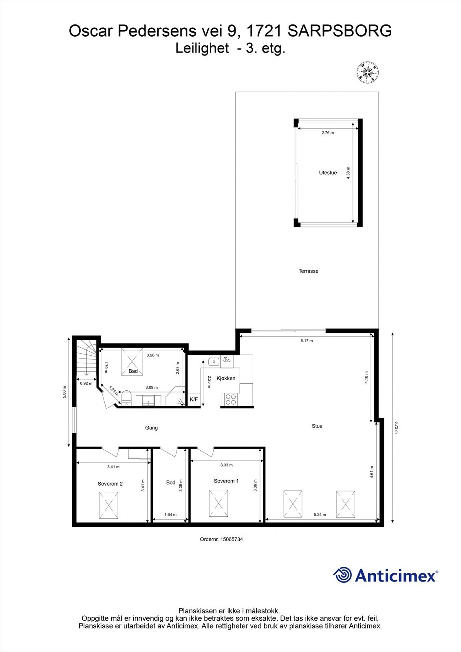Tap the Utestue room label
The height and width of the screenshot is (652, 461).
click(x=328, y=173)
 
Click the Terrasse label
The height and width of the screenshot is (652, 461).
click(x=308, y=271)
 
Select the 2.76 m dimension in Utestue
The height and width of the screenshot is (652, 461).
click(x=327, y=133)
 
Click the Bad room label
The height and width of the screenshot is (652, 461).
click(x=133, y=371)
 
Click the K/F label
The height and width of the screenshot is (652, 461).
click(x=194, y=400)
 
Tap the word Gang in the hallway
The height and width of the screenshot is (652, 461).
click(x=151, y=428)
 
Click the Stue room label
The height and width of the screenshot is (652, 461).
click(x=317, y=426)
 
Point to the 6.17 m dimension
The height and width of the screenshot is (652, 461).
click(x=307, y=341)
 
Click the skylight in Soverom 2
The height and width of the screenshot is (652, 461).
click(x=109, y=506)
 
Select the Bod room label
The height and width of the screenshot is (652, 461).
click(x=170, y=482)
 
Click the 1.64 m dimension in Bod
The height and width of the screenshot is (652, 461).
click(x=170, y=515)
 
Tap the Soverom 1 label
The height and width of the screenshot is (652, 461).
click(x=226, y=481)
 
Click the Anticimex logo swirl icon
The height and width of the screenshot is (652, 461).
click(x=342, y=575)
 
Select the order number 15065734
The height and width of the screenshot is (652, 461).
click(x=232, y=539)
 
